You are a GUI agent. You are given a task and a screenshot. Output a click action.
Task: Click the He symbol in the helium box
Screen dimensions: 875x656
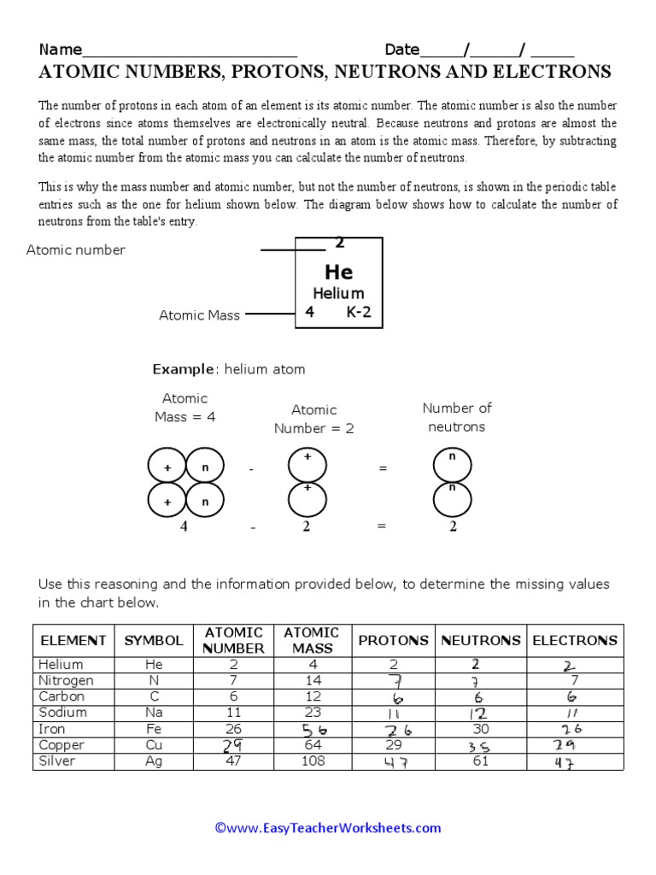pos(338,273)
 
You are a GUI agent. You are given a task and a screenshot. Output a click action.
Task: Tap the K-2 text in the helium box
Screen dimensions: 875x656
pos(359,313)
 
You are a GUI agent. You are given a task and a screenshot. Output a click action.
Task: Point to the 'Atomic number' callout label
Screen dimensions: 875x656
pos(75,250)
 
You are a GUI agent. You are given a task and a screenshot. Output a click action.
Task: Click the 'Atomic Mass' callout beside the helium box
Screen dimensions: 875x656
pos(199,315)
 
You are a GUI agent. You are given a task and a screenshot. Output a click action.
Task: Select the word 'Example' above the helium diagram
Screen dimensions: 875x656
pos(183,369)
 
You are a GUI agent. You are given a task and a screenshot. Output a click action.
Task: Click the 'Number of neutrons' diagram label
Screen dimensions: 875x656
pos(457,417)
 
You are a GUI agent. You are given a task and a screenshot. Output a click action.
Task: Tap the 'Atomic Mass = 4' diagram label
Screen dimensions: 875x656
pos(184,408)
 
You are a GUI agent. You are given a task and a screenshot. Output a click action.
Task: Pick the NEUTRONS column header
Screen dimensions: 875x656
pos(480,640)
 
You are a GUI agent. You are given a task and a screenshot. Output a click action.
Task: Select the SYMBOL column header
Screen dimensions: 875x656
pos(154,640)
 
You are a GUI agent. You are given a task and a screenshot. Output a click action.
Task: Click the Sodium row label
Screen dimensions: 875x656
pos(62,713)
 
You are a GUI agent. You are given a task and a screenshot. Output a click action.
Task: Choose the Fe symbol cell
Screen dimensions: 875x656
pos(154,729)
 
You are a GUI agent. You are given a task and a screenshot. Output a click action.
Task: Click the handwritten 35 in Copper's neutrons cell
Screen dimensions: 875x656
pos(477,746)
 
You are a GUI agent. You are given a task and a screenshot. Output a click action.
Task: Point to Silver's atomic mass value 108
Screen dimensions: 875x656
pos(313,760)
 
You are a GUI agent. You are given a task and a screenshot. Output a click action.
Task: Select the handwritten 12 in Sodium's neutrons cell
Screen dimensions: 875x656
pos(479,714)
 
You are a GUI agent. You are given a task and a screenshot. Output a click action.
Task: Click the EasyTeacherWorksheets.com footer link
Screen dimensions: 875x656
pos(328,827)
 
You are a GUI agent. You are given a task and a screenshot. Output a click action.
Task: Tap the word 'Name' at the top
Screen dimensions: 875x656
pos(60,50)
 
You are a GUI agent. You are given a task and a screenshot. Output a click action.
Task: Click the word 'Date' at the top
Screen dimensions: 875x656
pos(401,50)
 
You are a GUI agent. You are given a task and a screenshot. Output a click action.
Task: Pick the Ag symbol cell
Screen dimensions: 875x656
pos(154,760)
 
